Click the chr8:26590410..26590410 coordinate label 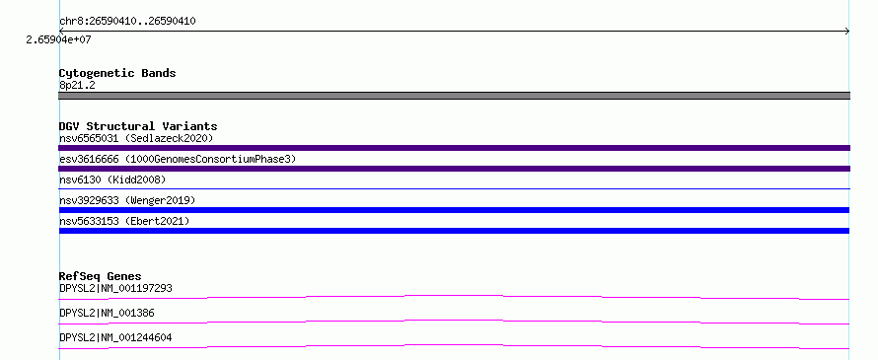pos(127,22)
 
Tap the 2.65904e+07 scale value pos(59,39)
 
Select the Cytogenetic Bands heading pos(117,73)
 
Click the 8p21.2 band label pos(77,85)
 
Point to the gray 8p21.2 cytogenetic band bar pos(454,96)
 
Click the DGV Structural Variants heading pos(138,126)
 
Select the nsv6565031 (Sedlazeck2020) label pos(136,138)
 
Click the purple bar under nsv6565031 pos(454,148)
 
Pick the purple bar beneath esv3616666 pos(454,169)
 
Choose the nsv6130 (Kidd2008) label pos(112,180)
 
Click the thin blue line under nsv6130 pos(454,189)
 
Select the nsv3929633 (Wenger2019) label pos(127,200)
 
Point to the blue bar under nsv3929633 pos(454,210)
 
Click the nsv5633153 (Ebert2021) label pos(124,221)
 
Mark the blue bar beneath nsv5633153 pos(454,231)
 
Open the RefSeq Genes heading pos(101,276)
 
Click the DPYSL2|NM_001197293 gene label pos(115,289)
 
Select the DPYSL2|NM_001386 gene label pos(107,314)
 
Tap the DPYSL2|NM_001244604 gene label pos(115,338)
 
